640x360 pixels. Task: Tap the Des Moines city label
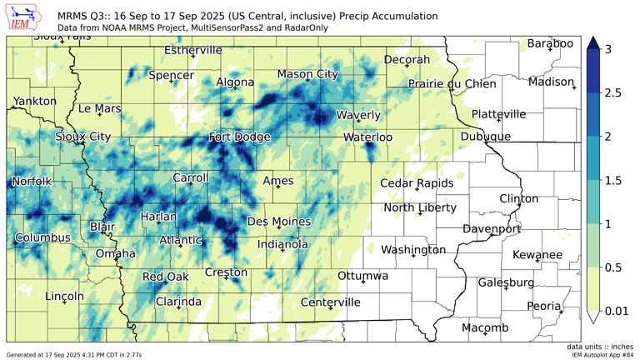pyautogui.click(x=279, y=222)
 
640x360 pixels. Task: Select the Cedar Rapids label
pyautogui.click(x=417, y=183)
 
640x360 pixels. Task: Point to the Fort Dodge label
pyautogui.click(x=239, y=137)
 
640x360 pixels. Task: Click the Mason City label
pyautogui.click(x=307, y=74)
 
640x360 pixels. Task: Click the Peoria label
pyautogui.click(x=544, y=307)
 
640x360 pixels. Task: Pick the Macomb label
pyautogui.click(x=485, y=328)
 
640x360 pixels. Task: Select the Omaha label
pyautogui.click(x=116, y=253)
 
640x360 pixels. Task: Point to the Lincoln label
pyautogui.click(x=64, y=296)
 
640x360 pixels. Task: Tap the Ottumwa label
pyautogui.click(x=363, y=276)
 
